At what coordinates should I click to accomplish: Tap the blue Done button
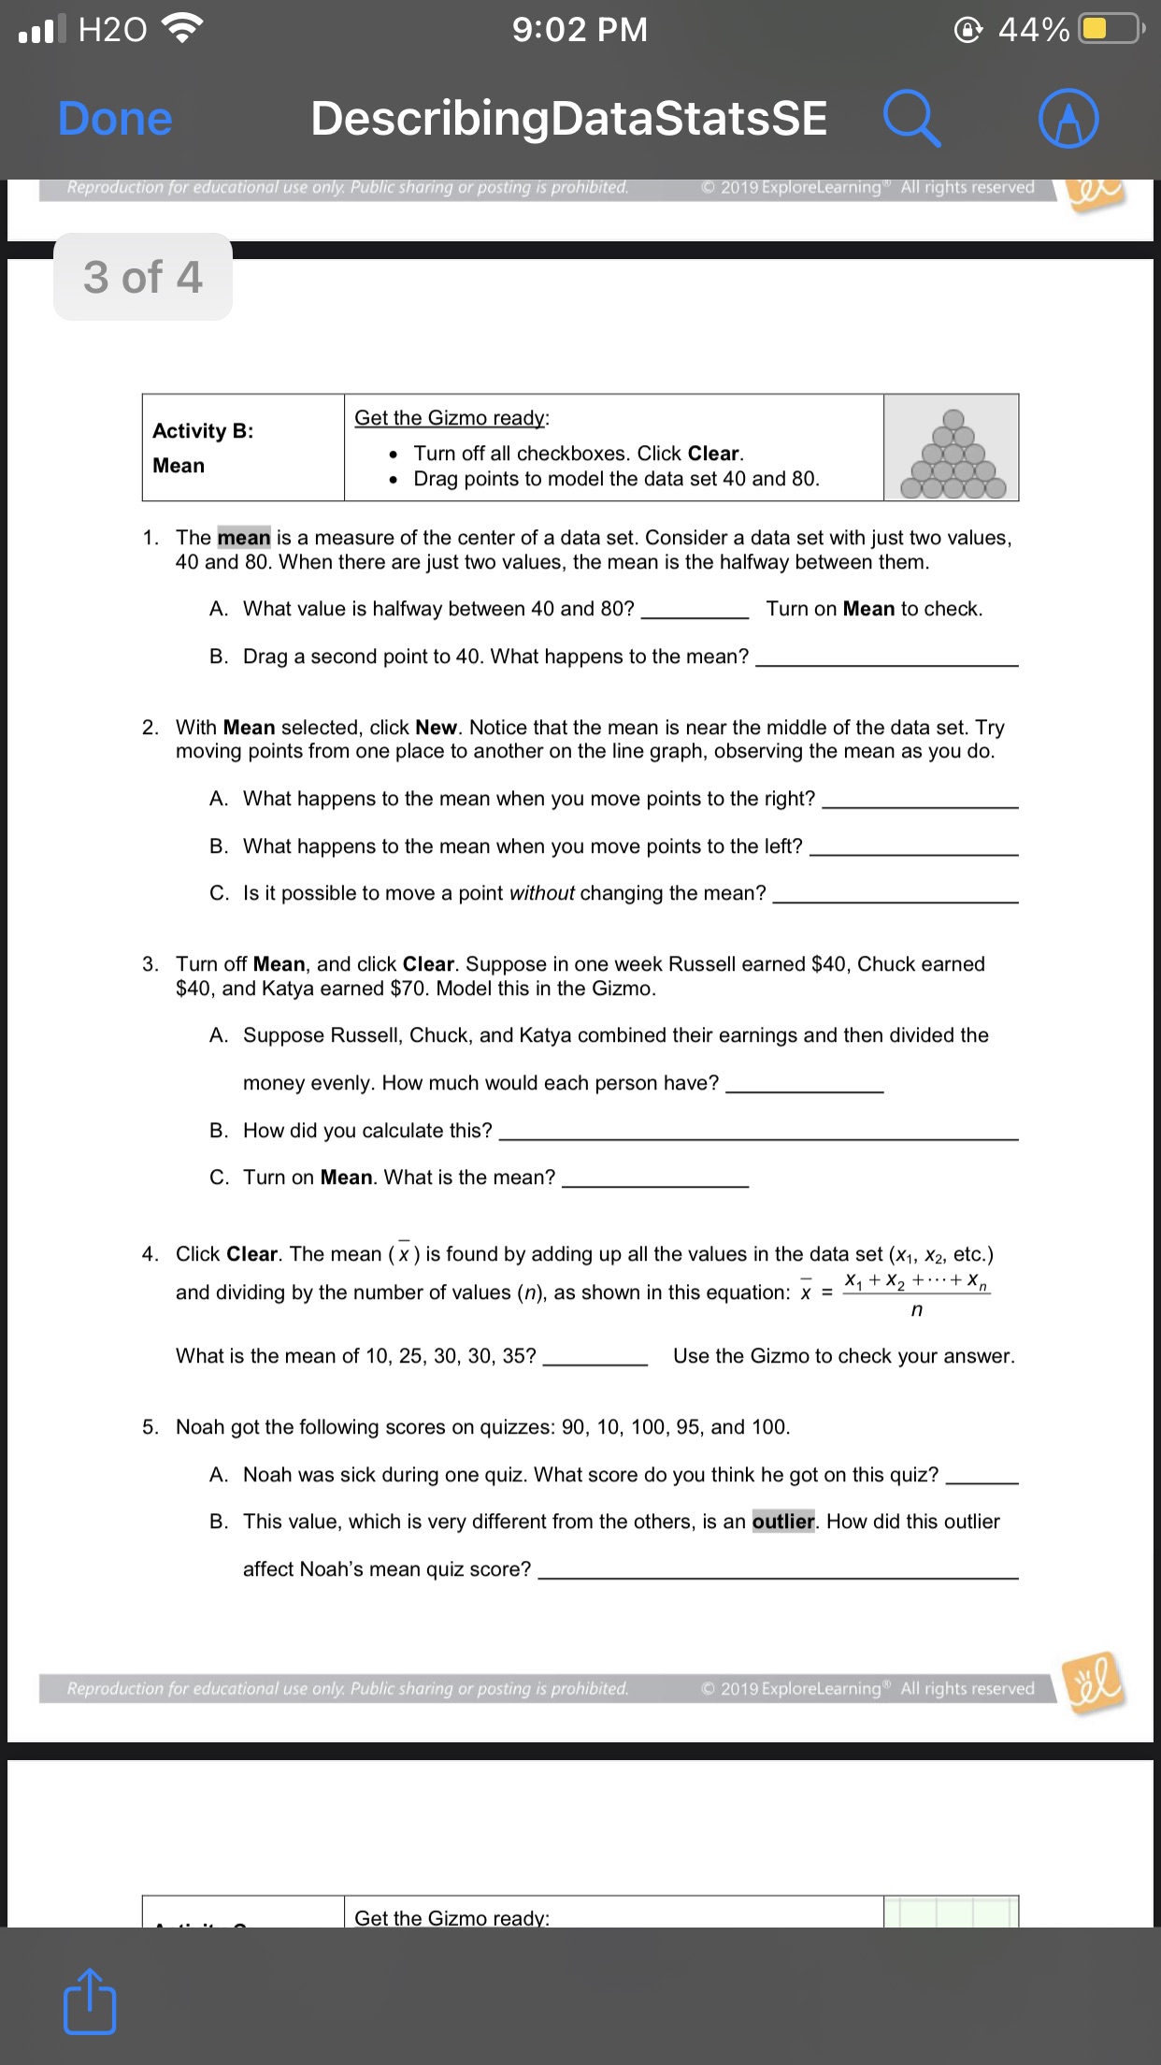pyautogui.click(x=115, y=119)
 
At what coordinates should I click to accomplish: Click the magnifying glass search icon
pyautogui.click(x=911, y=119)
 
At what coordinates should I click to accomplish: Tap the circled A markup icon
pyautogui.click(x=1068, y=119)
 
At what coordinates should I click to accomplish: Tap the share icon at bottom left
pyautogui.click(x=90, y=2000)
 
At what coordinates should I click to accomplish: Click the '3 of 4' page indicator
pyautogui.click(x=143, y=277)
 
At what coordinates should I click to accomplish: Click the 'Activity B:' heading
pyautogui.click(x=203, y=431)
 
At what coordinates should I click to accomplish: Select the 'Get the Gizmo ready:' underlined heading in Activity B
pyautogui.click(x=451, y=418)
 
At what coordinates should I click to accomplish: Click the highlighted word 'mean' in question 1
pyautogui.click(x=244, y=538)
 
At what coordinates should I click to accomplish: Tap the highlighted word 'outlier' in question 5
pyautogui.click(x=783, y=1522)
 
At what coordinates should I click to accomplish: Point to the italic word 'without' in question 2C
pyautogui.click(x=541, y=893)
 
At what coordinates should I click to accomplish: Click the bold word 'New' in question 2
pyautogui.click(x=436, y=728)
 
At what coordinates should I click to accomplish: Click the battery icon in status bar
pyautogui.click(x=1109, y=29)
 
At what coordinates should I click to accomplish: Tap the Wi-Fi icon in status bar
pyautogui.click(x=183, y=30)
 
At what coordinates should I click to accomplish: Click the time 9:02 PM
pyautogui.click(x=580, y=30)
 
